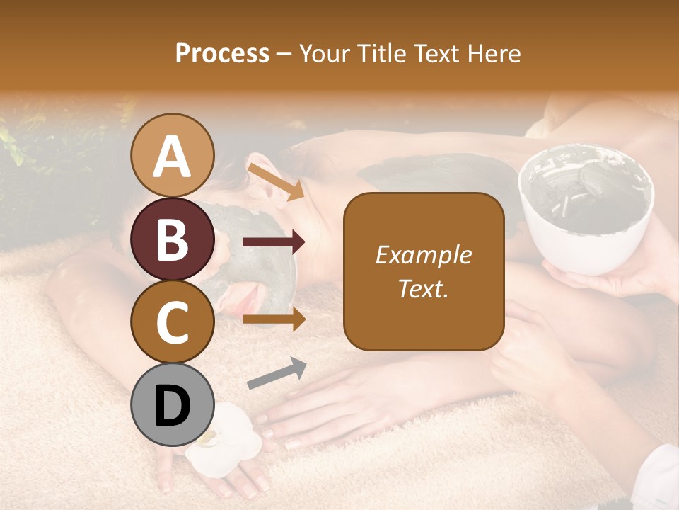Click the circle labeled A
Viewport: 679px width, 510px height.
(173, 155)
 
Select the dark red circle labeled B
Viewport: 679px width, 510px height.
(173, 239)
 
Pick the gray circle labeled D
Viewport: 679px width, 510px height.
(173, 404)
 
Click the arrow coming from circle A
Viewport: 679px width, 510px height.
(274, 181)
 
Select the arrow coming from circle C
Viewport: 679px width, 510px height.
(274, 319)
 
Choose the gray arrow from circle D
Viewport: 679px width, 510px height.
(276, 374)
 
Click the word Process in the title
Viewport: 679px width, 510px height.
(222, 53)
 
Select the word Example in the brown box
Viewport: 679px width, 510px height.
(424, 255)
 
